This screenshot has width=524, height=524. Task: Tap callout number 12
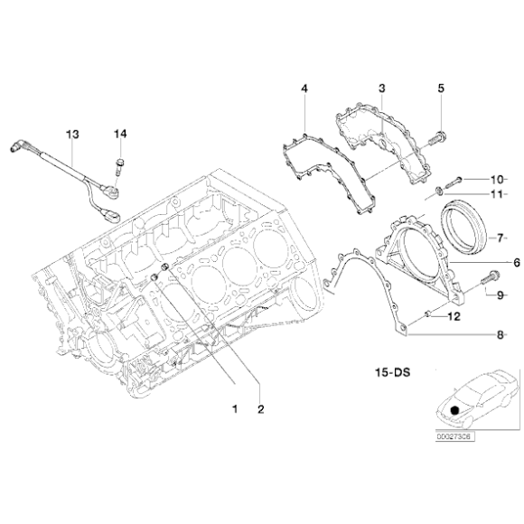pyautogui.click(x=454, y=316)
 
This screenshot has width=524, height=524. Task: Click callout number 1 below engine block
pyautogui.click(x=234, y=409)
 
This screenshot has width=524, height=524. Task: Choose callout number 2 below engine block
pyautogui.click(x=260, y=409)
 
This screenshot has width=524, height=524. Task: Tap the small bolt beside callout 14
pyautogui.click(x=119, y=165)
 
